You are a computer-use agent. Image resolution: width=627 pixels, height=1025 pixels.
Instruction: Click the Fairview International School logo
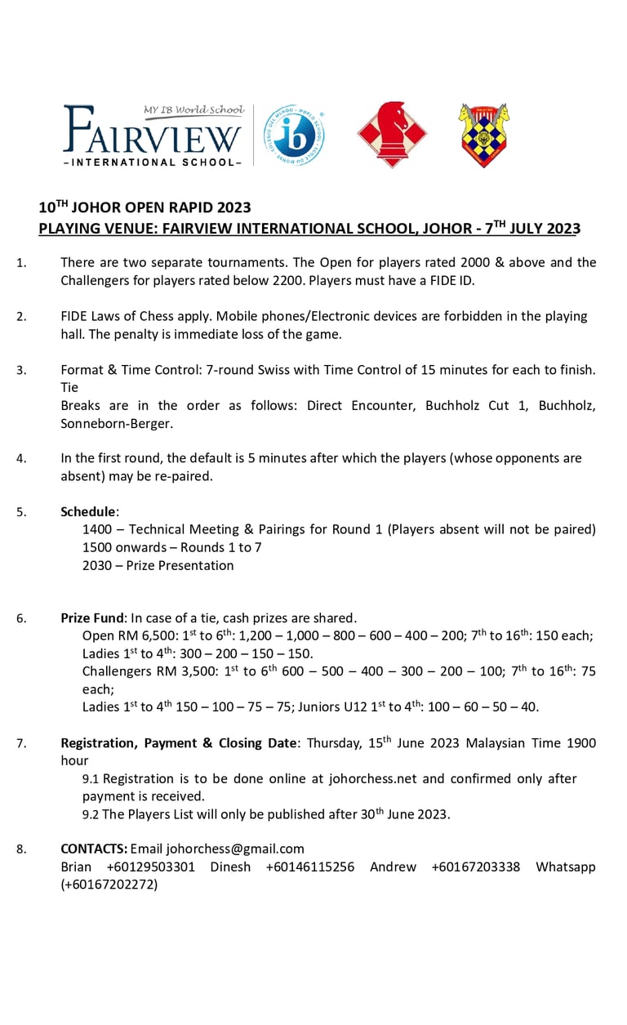click(153, 136)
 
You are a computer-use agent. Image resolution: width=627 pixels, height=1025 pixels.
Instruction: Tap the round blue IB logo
click(295, 136)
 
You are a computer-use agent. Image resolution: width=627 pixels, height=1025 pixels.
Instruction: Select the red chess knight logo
click(392, 134)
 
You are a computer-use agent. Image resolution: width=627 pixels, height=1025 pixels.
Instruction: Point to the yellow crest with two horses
click(483, 135)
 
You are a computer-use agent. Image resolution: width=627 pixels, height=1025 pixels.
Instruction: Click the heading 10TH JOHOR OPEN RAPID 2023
click(145, 207)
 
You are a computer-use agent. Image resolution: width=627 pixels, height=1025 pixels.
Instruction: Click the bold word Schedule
click(88, 512)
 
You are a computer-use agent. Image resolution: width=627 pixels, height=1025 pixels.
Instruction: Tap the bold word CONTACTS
click(94, 849)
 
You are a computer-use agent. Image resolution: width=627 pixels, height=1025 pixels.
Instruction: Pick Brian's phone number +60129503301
click(150, 867)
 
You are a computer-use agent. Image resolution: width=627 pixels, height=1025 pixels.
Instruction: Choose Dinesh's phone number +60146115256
click(310, 867)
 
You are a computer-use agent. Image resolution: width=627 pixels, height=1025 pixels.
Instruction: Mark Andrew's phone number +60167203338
click(475, 867)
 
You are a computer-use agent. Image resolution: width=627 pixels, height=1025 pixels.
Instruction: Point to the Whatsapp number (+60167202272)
click(109, 885)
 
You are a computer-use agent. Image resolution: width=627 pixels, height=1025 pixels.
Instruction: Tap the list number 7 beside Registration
click(21, 743)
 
